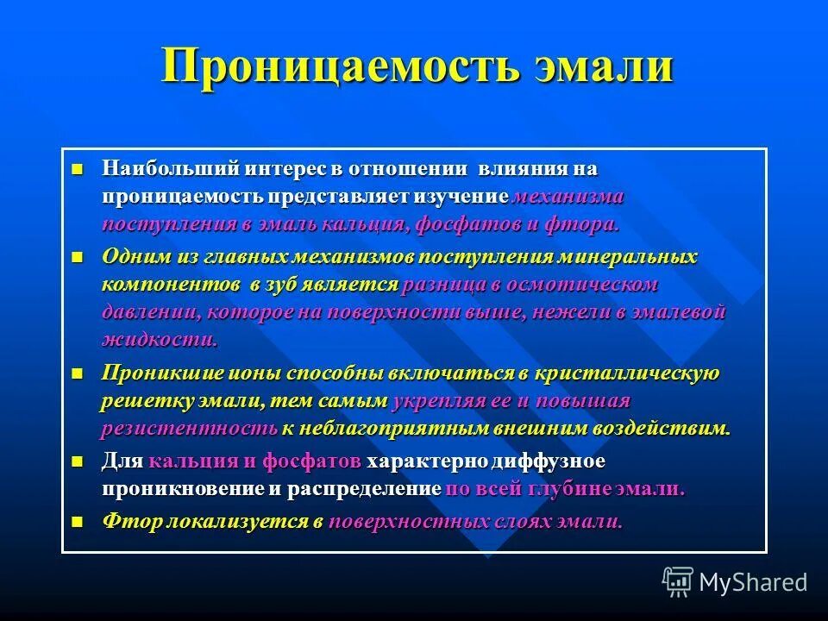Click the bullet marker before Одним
(78, 257)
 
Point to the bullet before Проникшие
(78, 373)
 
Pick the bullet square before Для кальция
(78, 461)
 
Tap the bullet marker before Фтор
(78, 521)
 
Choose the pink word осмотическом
(581, 284)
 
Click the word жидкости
(159, 339)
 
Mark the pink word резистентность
(189, 429)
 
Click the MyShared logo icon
(678, 581)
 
